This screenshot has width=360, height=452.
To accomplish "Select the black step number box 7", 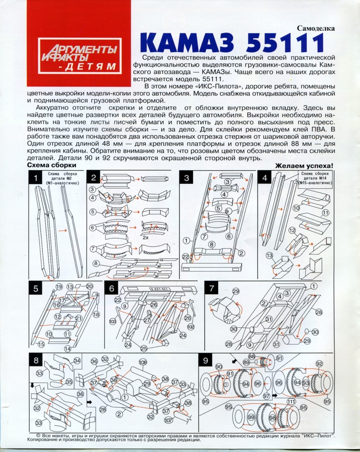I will pos(212,288).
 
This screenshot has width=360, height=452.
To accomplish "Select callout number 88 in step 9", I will pos(251,357).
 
